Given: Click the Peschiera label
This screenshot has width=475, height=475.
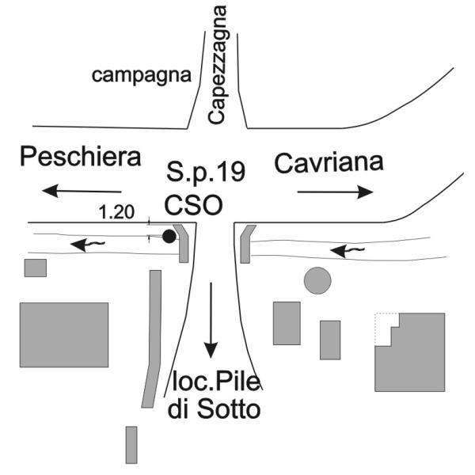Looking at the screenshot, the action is click(x=81, y=156).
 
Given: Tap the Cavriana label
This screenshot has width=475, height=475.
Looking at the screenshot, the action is click(x=329, y=163).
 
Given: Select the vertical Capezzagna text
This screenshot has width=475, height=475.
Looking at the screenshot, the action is click(x=218, y=65).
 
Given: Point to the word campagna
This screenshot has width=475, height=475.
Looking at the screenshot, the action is click(x=142, y=76).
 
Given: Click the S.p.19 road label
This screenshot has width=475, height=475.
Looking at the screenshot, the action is click(x=206, y=171).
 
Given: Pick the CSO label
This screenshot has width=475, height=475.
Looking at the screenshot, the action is click(x=194, y=205).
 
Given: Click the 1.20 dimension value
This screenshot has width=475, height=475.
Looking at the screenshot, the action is click(x=116, y=212).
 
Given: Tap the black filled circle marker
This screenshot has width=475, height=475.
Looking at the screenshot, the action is click(x=169, y=236).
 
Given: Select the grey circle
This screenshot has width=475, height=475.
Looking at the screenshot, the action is click(x=317, y=280).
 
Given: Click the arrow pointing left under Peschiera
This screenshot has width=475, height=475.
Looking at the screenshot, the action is click(x=82, y=191).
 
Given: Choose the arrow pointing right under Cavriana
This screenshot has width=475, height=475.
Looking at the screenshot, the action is click(x=336, y=192).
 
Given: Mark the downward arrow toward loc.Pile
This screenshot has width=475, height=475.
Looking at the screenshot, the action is click(x=211, y=320).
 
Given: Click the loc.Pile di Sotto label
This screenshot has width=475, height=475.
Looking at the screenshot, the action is click(x=215, y=396).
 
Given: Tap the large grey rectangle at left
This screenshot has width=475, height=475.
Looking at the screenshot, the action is click(x=64, y=335).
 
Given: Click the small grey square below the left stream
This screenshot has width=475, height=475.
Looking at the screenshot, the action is click(x=36, y=268).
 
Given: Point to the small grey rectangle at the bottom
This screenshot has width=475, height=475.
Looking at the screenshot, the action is click(x=131, y=445).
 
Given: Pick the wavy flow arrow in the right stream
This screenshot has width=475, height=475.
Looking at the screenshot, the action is click(x=348, y=251).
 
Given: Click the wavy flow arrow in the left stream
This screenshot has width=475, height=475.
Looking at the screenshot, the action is click(x=88, y=245).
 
